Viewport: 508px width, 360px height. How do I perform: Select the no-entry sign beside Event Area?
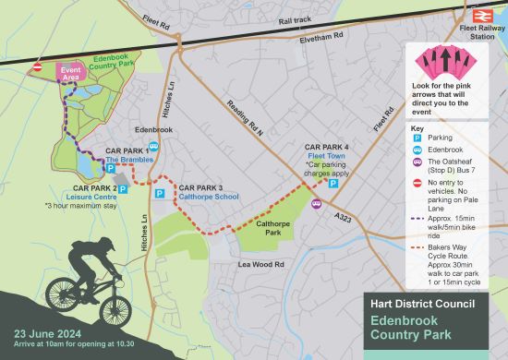pyautogui.click(x=38, y=67)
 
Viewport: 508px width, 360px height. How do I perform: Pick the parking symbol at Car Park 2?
pyautogui.click(x=122, y=189)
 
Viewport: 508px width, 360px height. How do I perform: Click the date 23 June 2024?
pyautogui.click(x=47, y=333)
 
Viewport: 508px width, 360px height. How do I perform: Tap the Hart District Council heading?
pyautogui.click(x=422, y=304)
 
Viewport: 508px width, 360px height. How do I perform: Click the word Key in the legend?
pyautogui.click(x=417, y=127)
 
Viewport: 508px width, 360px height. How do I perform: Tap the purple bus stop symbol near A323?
pyautogui.click(x=316, y=203)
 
